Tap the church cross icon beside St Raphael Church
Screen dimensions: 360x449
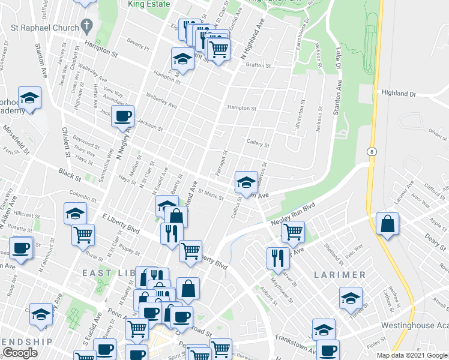coord(87,27)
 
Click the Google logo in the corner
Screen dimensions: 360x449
coord(20,353)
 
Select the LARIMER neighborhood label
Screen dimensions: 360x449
coord(339,274)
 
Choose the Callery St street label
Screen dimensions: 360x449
coord(258,144)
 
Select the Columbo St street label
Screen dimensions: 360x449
coord(83,193)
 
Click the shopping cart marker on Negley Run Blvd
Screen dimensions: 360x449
coord(293,231)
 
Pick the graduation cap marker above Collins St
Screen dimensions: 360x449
coord(246,181)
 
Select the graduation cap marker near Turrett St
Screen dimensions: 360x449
coord(351,297)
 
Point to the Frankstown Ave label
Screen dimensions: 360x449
coord(296,350)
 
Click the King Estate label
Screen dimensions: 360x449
coord(149,4)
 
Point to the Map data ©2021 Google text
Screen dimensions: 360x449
coord(411,355)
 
